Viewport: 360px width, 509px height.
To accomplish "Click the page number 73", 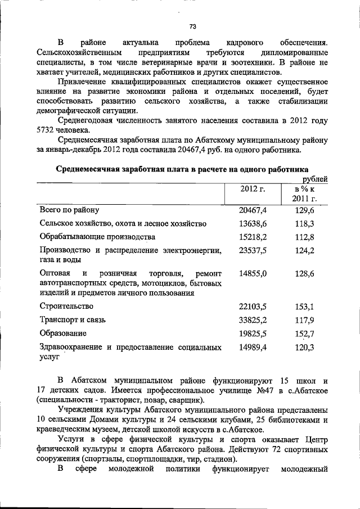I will (x=192, y=26).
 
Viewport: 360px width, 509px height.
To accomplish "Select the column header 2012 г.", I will (x=253, y=188).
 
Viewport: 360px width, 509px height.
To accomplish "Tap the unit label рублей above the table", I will (x=315, y=178).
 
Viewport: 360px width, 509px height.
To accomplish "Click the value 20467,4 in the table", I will (x=253, y=210).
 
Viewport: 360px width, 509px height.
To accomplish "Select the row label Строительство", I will (x=66, y=306).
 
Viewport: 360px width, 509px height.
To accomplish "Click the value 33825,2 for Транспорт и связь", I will (x=253, y=320).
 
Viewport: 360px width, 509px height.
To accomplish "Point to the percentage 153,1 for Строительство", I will (x=305, y=307).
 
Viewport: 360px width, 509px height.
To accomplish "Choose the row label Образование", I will (x=63, y=334).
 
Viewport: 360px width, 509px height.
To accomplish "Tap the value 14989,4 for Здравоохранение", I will (x=253, y=348).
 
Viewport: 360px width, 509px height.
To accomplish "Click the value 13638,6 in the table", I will (x=253, y=223).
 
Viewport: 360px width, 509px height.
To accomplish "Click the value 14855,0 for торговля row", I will (x=253, y=273).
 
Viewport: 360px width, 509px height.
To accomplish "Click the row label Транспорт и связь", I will (x=73, y=320).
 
